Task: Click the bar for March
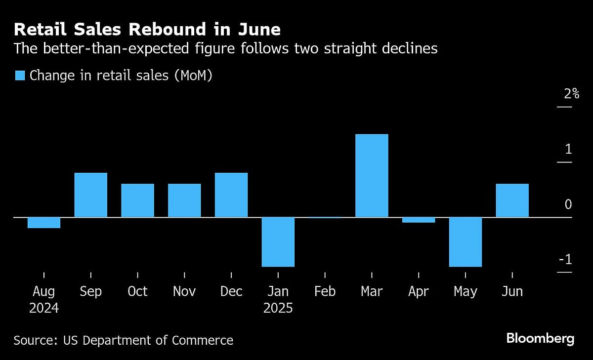click(372, 175)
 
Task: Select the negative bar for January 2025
click(278, 241)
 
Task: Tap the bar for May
click(465, 241)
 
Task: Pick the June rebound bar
click(512, 200)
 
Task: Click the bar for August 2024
click(44, 223)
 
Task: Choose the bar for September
click(91, 195)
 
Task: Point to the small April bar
click(419, 220)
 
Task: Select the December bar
click(231, 195)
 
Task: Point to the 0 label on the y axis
click(568, 204)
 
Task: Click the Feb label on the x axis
click(325, 292)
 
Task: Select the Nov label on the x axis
click(184, 292)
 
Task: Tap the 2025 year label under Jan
click(278, 309)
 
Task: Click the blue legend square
click(20, 76)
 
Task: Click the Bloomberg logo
click(540, 339)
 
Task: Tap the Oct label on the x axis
click(137, 292)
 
